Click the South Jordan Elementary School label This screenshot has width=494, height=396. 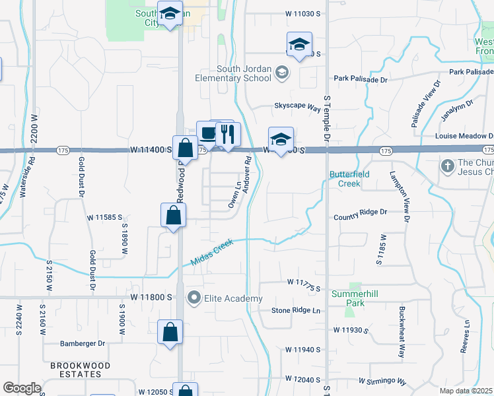click(243, 73)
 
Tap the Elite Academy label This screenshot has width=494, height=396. click(233, 299)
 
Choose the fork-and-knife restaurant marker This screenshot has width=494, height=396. click(228, 135)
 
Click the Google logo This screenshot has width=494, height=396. click(22, 388)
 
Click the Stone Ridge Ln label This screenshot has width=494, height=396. click(296, 310)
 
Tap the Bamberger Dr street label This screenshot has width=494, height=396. click(83, 343)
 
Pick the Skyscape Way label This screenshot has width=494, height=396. click(297, 106)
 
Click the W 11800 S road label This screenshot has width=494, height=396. click(151, 298)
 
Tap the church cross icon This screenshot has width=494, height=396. click(447, 164)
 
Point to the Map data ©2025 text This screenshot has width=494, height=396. click(466, 391)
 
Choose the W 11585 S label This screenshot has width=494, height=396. click(106, 216)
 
